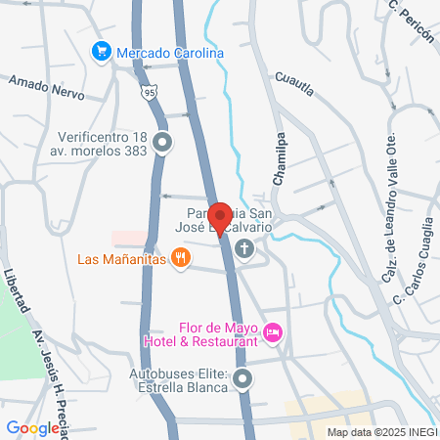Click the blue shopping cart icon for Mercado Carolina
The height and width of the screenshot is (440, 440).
pos(100,51)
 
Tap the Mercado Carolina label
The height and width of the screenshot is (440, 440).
pos(171,52)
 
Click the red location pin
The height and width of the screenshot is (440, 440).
pos(220,218)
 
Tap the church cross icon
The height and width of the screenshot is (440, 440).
pos(243,250)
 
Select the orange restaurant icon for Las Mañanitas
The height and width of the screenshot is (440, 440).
pos(180,258)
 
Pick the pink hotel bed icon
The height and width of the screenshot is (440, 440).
pos(274,334)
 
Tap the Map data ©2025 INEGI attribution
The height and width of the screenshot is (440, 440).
pos(381,432)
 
